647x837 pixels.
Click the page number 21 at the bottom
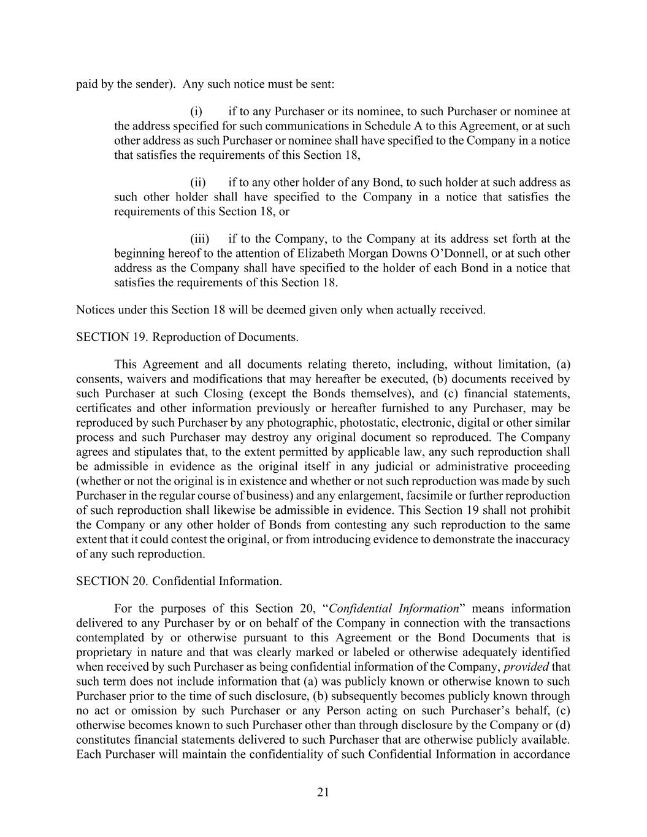[323, 792]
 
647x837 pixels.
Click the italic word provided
[526, 667]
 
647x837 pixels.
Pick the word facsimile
[446, 495]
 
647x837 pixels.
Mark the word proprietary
[104, 652]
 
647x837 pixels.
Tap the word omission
[151, 710]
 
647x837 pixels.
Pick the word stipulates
[149, 452]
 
